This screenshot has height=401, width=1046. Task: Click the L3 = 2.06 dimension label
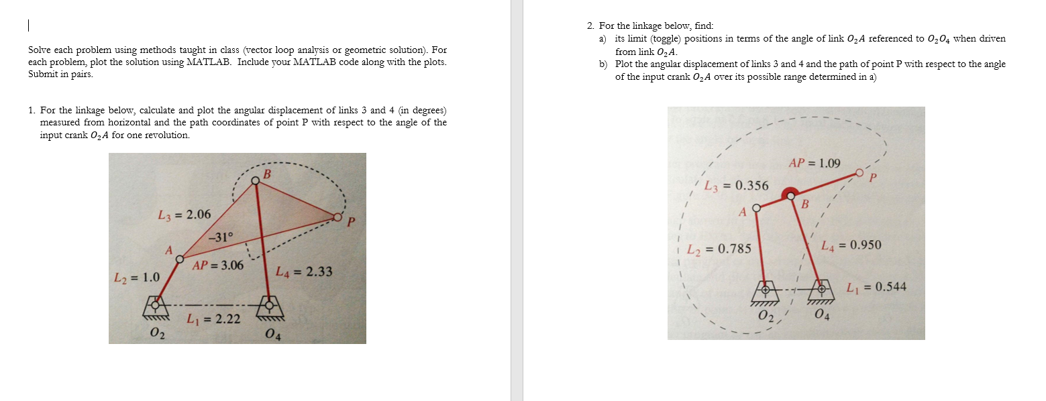(183, 215)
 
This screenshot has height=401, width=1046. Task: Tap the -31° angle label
(221, 236)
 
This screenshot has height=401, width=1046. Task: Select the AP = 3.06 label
(217, 266)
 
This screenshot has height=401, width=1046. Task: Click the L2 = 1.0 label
(137, 277)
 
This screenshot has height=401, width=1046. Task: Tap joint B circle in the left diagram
(256, 180)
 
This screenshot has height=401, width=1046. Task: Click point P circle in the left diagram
(337, 217)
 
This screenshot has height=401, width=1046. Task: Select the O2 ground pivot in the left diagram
(156, 304)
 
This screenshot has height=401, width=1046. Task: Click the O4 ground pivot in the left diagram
(270, 305)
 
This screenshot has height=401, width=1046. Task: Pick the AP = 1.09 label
(814, 163)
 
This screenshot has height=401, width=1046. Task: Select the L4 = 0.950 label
(851, 245)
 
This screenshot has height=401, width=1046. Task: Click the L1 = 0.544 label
(876, 287)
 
